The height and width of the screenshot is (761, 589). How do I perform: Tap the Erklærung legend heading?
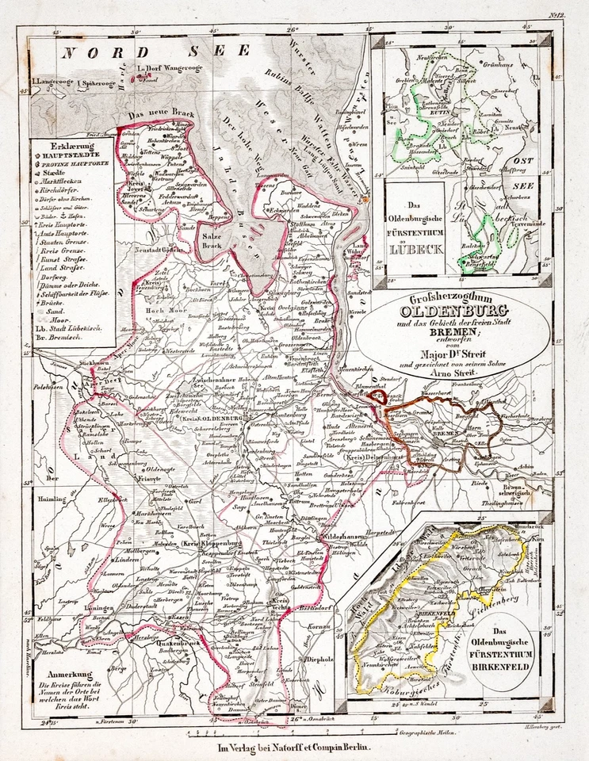click(x=69, y=147)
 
